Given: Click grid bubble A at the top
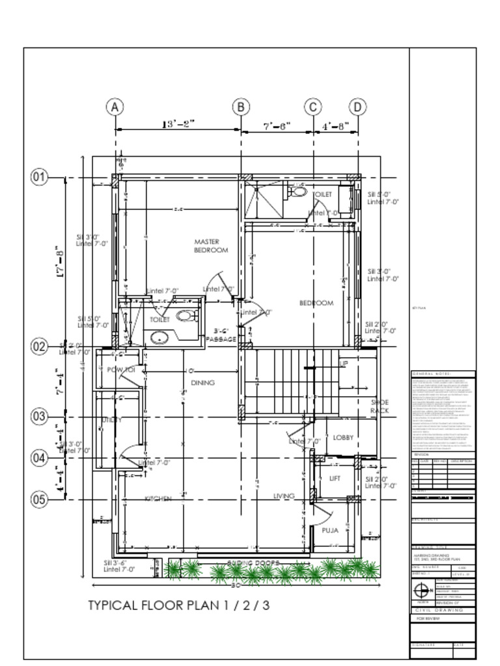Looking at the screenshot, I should [x=115, y=107].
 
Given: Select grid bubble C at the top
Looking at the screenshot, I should [x=314, y=107].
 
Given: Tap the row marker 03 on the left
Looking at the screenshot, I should [x=40, y=416].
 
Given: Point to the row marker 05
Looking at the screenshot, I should [x=40, y=499].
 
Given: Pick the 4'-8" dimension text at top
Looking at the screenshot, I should [x=336, y=126].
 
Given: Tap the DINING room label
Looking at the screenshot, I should [x=202, y=383].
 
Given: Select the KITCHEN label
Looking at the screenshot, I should [x=158, y=499].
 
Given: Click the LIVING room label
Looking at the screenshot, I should [x=284, y=496].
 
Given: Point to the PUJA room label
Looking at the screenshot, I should [x=330, y=531].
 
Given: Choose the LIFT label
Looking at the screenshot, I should [x=335, y=479].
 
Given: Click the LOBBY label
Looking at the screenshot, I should [x=343, y=438].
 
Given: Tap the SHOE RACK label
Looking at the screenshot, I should [x=379, y=407].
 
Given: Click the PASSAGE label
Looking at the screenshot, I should [x=221, y=339].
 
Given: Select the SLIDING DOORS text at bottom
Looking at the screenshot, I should [x=254, y=563].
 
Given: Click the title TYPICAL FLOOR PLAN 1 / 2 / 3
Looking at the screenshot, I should [x=178, y=606].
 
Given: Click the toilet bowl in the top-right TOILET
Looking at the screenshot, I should [x=299, y=192].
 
